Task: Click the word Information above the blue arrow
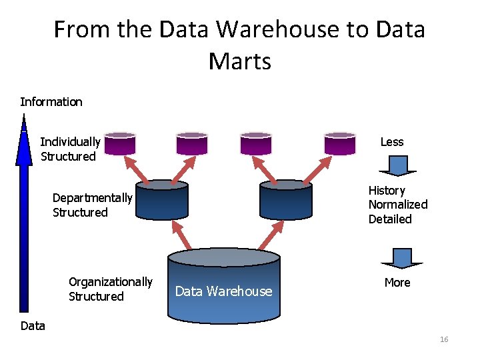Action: click(51, 102)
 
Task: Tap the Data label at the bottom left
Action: click(33, 326)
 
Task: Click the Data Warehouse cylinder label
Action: click(223, 291)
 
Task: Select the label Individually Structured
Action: click(70, 149)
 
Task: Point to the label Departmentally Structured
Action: click(93, 205)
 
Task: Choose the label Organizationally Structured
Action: click(110, 289)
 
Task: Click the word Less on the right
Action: click(392, 141)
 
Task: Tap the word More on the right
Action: click(397, 283)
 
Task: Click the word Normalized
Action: click(398, 205)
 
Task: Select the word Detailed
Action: click(390, 219)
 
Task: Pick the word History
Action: click(387, 191)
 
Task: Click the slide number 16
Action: click(444, 340)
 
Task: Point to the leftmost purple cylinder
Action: click(120, 143)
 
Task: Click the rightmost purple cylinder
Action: click(340, 143)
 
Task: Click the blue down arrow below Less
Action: click(398, 165)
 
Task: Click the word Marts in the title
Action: click(239, 61)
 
